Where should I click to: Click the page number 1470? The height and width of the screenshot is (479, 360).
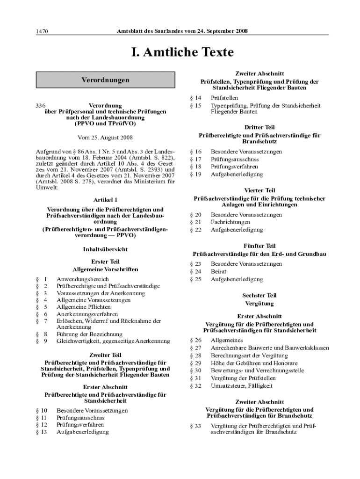coord(43,31)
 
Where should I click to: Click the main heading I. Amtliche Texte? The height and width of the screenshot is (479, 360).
coord(180,52)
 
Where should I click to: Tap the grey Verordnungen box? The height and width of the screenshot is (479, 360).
coord(105,80)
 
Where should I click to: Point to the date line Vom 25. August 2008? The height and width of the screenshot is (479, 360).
coord(105,138)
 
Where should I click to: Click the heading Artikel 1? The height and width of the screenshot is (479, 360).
coord(105,200)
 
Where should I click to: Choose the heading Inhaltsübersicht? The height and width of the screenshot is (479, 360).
coord(105,249)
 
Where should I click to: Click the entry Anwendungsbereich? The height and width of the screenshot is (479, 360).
coord(82,279)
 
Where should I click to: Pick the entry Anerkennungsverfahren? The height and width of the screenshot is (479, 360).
coord(87,314)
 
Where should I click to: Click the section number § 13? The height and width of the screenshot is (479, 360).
coord(42,432)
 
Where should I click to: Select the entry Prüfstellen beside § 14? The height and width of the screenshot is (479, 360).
coord(224,98)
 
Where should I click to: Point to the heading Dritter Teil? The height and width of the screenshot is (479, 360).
coord(259,127)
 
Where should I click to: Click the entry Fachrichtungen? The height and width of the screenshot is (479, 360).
coord(230,222)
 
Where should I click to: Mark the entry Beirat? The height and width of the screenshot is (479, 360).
coord(218,271)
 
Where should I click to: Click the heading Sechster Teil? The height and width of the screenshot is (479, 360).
coord(259,296)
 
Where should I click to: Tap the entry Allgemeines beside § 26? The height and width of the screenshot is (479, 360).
coord(226,340)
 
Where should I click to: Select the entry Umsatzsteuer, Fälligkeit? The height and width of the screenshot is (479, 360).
coord(242,386)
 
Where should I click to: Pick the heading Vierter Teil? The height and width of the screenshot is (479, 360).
coord(259,190)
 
